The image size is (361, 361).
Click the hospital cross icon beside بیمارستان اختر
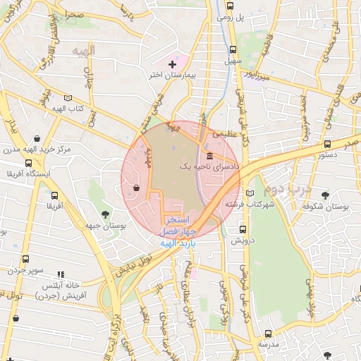click(173, 64)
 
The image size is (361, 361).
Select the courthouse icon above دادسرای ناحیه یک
click(209, 157)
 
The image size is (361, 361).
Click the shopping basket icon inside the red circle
click(135, 187)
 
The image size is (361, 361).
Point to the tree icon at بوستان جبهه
click(105, 213)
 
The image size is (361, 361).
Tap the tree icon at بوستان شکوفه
click(325, 195)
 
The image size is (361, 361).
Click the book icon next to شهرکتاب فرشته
click(248, 192)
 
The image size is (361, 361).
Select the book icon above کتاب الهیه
click(68, 98)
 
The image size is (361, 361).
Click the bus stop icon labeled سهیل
click(233, 50)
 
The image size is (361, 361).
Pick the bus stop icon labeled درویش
click(243, 229)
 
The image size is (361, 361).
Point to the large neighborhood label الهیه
click(83, 51)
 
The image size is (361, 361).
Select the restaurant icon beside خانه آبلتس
click(61, 274)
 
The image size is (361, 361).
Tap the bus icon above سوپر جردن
click(26, 259)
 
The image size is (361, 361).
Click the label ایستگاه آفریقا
click(25, 173)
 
